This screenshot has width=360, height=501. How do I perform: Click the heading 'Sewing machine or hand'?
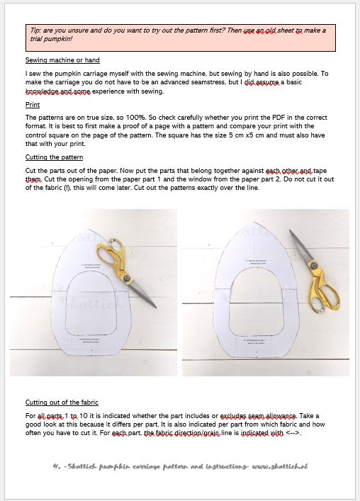pyautogui.click(x=62, y=60)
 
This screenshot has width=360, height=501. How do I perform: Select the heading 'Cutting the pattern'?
pyautogui.click(x=54, y=157)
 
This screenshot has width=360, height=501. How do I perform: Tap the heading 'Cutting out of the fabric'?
pyautogui.click(x=62, y=402)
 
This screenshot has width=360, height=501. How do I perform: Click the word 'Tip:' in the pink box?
pyautogui.click(x=39, y=31)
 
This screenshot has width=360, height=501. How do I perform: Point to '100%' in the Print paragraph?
pyautogui.click(x=124, y=117)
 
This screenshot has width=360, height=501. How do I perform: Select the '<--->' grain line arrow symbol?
pyautogui.click(x=294, y=433)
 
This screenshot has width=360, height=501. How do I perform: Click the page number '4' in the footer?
pyautogui.click(x=55, y=466)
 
